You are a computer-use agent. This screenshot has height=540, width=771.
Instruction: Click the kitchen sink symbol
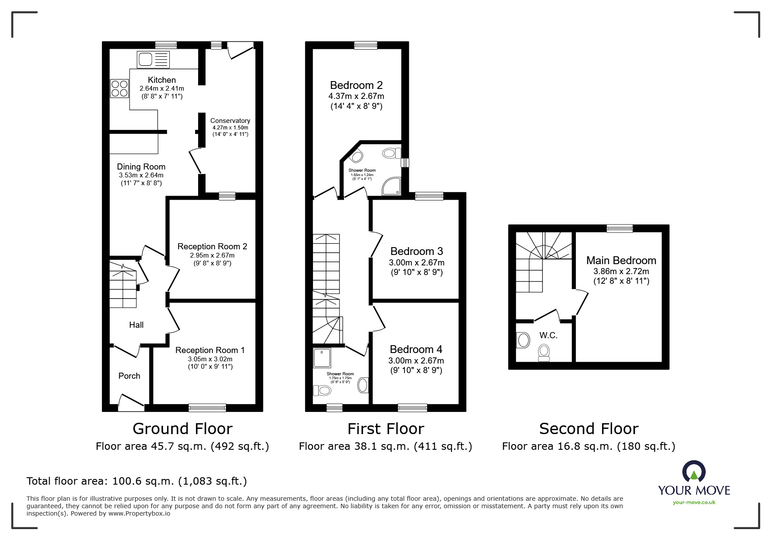(x=153, y=59)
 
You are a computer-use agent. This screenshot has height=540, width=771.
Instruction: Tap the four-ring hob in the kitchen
(x=119, y=88)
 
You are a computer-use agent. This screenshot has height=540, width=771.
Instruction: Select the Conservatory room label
(x=230, y=121)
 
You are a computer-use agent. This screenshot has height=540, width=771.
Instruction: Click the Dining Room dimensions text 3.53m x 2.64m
(x=141, y=175)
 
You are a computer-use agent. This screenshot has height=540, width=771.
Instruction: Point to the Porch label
(x=129, y=376)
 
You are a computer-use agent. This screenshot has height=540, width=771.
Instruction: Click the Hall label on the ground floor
(x=136, y=325)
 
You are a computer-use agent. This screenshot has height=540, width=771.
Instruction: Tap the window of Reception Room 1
(x=207, y=408)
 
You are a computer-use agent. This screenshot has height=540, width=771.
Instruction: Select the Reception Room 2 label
(x=212, y=247)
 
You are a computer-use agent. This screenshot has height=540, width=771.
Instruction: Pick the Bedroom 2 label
(x=356, y=85)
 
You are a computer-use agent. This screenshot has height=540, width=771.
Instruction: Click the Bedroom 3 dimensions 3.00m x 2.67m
(x=416, y=263)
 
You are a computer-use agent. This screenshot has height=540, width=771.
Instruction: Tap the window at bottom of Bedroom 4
(x=412, y=408)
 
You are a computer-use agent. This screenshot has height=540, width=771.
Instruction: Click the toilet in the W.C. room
(x=544, y=352)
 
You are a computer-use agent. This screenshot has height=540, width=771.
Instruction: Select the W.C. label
(x=548, y=335)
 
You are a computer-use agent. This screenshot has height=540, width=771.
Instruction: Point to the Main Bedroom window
(x=619, y=228)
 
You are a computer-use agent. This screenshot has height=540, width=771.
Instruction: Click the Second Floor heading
(x=589, y=429)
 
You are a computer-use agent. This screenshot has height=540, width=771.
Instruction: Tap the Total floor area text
(x=137, y=481)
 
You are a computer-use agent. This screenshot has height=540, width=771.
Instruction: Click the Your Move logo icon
(x=694, y=472)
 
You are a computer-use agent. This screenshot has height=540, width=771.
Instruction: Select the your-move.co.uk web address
(x=694, y=502)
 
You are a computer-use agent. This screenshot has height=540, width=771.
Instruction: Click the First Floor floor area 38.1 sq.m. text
(x=385, y=446)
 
